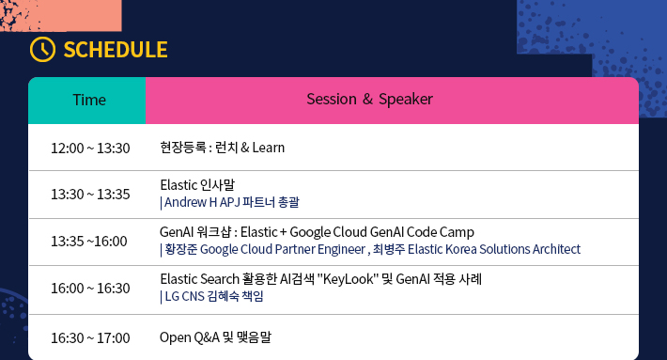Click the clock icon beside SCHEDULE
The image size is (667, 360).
42,50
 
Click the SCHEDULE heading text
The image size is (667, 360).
116,50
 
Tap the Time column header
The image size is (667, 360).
89,100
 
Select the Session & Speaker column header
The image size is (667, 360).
369,100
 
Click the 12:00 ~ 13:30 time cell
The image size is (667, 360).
90,149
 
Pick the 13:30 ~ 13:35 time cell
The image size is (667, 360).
90,195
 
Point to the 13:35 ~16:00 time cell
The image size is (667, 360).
89,241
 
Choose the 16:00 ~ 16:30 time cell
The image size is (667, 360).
90,288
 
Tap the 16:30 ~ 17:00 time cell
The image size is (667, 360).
90,337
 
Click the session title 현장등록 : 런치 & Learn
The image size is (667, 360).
222,149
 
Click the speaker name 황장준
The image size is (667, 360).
181,249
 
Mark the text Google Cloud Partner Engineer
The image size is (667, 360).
282,249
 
